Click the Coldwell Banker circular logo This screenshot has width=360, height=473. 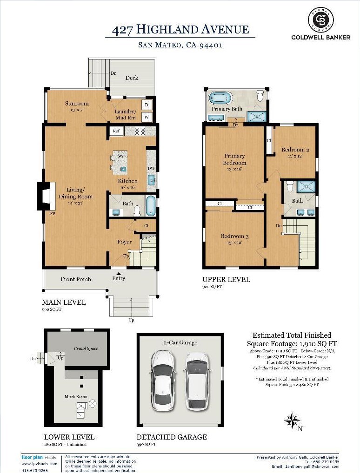pos(320,20)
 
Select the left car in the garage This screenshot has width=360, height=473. pos(163,380)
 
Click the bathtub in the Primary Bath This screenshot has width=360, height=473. pos(220,98)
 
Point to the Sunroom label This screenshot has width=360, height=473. pos(77,104)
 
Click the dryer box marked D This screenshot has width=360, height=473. pos(146,105)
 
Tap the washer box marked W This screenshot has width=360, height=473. pos(146,117)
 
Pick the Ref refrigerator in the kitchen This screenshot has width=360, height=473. pos(116,131)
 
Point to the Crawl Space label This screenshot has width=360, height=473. pos(86,348)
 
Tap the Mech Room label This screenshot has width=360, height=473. pos(76,397)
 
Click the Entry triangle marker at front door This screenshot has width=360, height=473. pos(119,274)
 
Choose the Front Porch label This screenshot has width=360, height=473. pos(76,279)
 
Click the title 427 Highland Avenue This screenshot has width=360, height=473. pos(180,30)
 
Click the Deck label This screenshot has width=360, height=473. pos(132,78)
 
